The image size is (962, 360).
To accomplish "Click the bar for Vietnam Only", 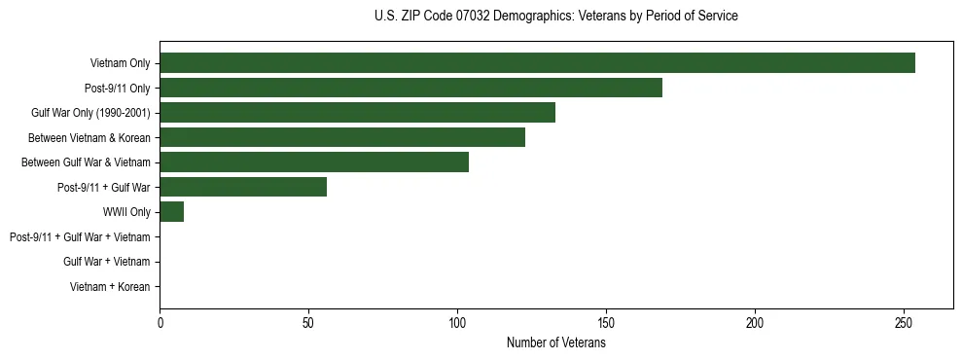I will tap(537, 63).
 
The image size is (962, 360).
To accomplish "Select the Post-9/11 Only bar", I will tap(410, 88).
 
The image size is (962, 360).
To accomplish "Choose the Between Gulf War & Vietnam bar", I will tap(314, 162).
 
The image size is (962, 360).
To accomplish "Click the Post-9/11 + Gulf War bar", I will tap(243, 187).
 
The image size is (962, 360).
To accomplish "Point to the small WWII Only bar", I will tap(171, 212).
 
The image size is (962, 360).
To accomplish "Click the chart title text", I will tap(555, 17).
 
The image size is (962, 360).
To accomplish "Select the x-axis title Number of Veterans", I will tap(555, 343).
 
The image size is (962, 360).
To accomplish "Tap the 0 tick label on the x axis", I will tap(160, 322).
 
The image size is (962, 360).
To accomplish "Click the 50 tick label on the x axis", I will tap(308, 322).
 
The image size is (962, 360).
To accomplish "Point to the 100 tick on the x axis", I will tap(457, 322).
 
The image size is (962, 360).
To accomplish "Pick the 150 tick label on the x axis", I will tap(606, 322).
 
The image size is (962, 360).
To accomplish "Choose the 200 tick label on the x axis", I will tap(755, 322).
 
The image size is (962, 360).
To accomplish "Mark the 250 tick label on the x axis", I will tap(904, 322).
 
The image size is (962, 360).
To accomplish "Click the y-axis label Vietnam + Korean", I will tap(110, 287).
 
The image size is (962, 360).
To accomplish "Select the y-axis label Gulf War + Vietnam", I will tap(106, 262).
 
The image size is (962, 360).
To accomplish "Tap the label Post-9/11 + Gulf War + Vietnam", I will tap(80, 237).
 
